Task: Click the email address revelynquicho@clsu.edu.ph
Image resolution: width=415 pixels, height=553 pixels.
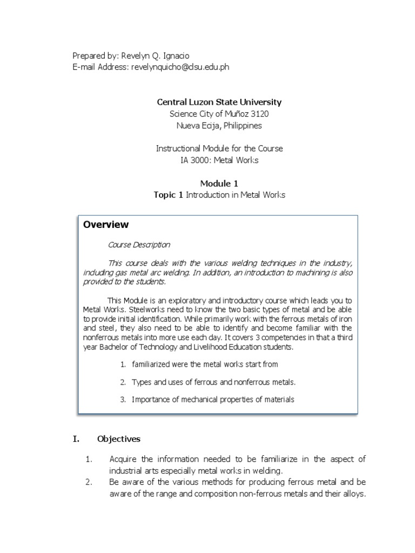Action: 176,66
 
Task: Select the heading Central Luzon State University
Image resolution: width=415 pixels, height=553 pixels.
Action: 219,102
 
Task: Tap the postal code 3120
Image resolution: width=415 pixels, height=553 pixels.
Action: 259,113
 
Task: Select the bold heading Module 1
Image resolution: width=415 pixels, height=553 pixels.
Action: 219,184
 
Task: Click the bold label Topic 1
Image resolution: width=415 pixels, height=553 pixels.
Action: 168,195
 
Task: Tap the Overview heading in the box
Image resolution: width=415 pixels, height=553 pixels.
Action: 106,225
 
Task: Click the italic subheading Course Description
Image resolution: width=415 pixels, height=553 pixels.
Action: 139,245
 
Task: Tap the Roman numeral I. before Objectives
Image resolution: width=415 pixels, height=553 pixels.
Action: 76,439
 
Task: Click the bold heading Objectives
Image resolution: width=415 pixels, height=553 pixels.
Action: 118,439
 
